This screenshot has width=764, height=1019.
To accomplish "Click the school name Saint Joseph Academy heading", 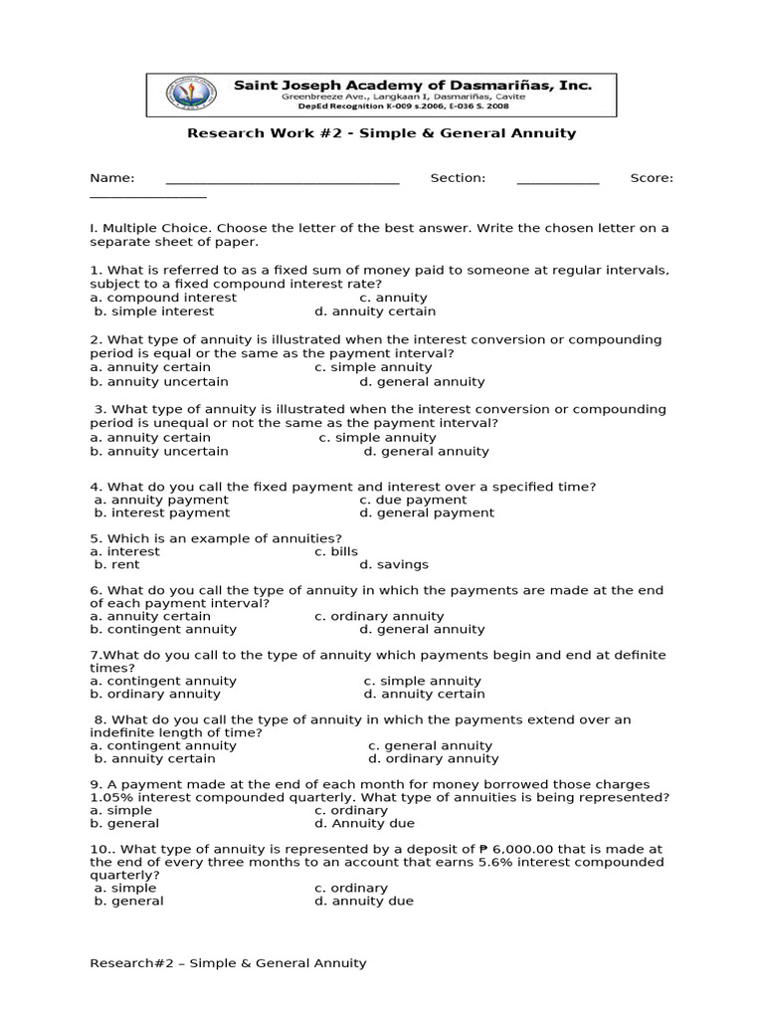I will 412,87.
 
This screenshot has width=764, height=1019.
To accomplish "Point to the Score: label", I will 652,178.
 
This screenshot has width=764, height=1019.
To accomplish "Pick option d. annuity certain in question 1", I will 398,311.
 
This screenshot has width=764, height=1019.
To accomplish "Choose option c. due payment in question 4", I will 413,500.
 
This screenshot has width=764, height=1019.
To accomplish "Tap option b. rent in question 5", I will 117,564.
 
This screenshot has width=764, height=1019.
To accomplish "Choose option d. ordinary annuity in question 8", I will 420,758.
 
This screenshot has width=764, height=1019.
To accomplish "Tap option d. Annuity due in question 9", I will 364,823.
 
